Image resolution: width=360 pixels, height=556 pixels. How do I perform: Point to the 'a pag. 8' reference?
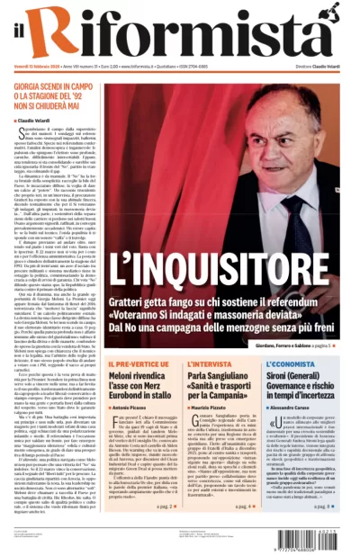coord(325,506)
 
